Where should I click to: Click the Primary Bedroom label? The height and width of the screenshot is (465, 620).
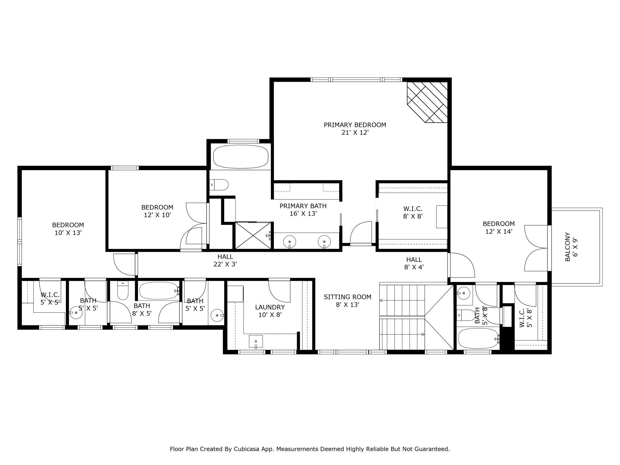pos(355,128)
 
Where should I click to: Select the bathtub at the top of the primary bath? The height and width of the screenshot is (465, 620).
pos(241,156)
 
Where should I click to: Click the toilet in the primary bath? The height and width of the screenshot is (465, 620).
pos(219,185)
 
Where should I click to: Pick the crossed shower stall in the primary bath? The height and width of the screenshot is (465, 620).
pos(253,235)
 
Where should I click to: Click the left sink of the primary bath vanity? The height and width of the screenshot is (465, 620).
pos(289,241)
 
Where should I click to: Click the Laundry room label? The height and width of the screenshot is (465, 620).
pos(270,307)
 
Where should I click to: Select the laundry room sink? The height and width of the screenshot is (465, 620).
pos(256,342)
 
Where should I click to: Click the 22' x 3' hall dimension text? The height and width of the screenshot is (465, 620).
pos(225,264)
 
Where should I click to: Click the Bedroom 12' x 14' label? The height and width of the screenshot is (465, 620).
pos(499,227)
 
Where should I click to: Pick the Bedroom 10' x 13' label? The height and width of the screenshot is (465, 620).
pos(68,229)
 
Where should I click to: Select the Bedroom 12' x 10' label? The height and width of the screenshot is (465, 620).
pos(157,211)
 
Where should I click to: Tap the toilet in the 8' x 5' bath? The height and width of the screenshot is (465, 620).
pos(123,291)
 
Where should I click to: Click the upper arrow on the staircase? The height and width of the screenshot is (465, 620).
pos(402,301)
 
